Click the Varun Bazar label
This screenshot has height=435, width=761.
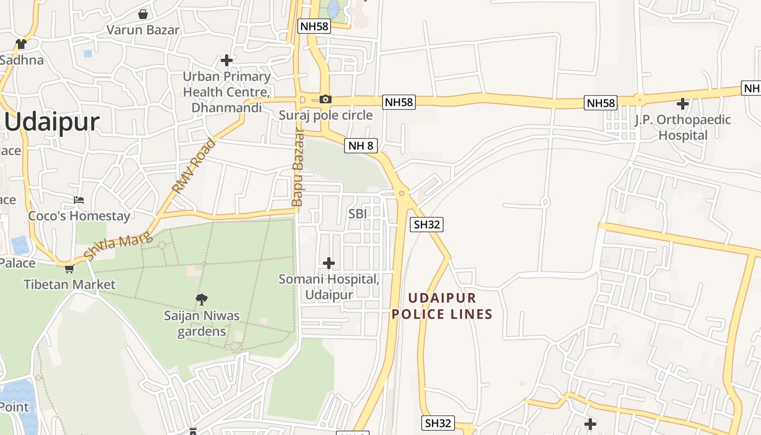(x=143, y=30)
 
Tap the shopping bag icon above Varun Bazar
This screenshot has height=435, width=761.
(x=143, y=14)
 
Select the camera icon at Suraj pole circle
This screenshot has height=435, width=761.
(x=326, y=99)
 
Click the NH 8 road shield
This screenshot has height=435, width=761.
(x=361, y=145)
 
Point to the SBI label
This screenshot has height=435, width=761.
(x=358, y=214)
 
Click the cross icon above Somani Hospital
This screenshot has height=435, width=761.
(x=329, y=263)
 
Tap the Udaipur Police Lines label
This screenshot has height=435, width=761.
(x=442, y=306)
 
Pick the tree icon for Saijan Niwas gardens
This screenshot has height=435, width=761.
(x=202, y=299)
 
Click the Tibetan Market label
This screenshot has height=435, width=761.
(x=70, y=284)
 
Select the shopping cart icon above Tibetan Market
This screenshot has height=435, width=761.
(x=70, y=269)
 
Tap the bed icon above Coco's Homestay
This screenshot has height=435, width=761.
(x=79, y=200)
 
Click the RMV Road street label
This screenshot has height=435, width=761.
(x=194, y=166)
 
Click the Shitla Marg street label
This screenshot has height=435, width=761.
(x=117, y=245)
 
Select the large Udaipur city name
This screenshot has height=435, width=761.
(x=52, y=122)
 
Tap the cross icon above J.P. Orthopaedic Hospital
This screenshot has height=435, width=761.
(x=683, y=104)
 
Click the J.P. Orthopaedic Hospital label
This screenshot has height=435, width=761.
(x=683, y=127)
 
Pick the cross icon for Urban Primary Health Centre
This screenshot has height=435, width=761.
(x=227, y=60)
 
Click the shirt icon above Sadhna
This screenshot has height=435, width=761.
(x=21, y=44)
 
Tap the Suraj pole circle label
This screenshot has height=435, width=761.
(x=326, y=115)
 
